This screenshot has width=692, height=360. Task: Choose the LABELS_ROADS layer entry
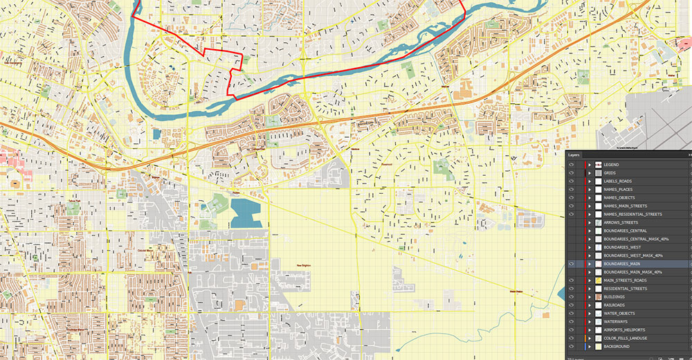[618, 181]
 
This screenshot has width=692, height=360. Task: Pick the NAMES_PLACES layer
[618, 189]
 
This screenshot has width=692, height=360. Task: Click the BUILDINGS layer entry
[614, 297]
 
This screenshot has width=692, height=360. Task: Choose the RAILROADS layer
[614, 305]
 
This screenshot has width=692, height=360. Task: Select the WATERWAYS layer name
[615, 322]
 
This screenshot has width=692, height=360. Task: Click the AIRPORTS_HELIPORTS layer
[624, 330]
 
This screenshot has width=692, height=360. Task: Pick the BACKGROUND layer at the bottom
[616, 347]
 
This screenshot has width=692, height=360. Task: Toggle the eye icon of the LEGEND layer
[572, 164]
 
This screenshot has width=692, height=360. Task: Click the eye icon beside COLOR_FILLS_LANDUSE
[572, 339]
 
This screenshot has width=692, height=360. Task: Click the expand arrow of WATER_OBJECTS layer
[590, 314]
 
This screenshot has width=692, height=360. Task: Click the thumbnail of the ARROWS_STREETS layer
[598, 222]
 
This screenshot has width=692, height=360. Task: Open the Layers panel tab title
[574, 155]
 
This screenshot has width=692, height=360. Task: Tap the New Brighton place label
[305, 265]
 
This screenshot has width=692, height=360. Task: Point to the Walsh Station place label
[517, 291]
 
